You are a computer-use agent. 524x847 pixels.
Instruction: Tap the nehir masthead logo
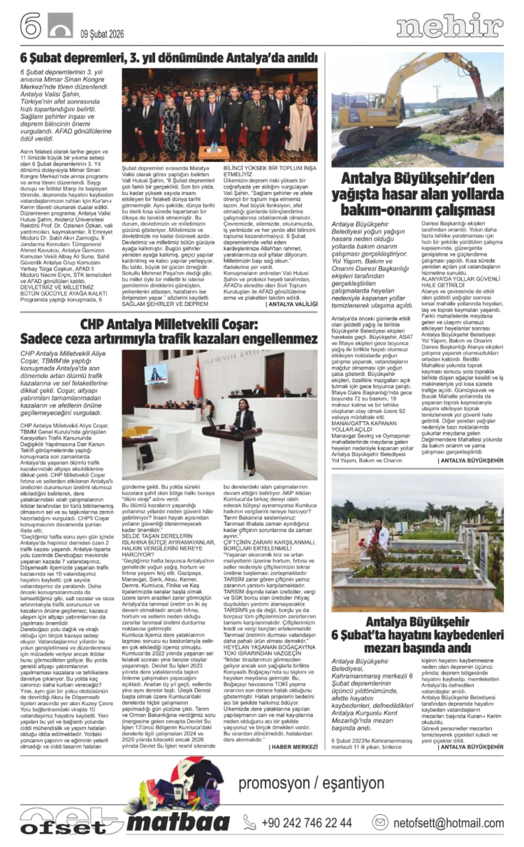coord(449,26)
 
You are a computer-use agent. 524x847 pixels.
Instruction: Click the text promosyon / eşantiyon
coord(311,782)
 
